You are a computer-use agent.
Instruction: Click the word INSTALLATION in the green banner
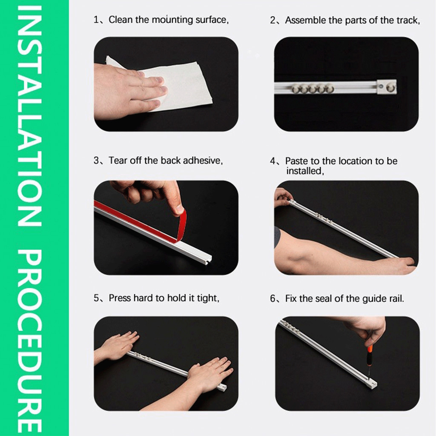coord(30,117)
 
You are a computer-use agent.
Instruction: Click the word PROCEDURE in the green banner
coord(30,342)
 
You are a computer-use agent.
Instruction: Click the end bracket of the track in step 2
coord(387,87)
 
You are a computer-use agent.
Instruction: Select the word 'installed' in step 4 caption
coord(305,171)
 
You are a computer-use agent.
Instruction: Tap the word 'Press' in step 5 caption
coord(120,298)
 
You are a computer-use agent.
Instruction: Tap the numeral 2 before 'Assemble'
coord(273,20)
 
